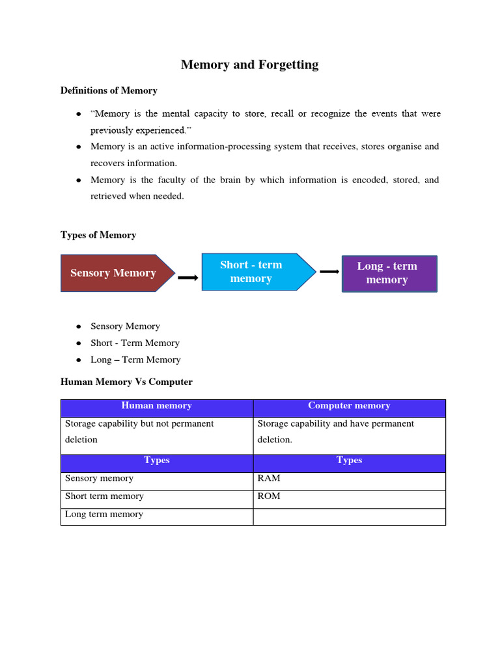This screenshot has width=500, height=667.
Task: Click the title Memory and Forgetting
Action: pos(249,64)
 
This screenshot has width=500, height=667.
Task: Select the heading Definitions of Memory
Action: pos(109,91)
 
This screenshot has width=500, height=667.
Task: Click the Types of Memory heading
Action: pos(98,235)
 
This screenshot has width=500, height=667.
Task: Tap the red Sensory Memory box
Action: pos(115,273)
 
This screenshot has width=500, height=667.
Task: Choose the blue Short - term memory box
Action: pos(251,272)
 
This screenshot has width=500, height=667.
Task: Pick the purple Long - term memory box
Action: pos(389,274)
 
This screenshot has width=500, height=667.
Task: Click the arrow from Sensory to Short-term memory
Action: pos(188,277)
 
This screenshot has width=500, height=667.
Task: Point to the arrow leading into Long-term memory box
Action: pos(329,272)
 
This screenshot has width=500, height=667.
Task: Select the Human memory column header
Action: pos(156,406)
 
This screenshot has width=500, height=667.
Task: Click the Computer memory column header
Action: pos(349,406)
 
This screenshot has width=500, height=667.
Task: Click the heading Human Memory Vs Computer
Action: pos(126,382)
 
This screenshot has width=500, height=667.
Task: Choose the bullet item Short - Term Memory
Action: pos(135,343)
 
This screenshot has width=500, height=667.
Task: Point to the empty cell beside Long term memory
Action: pos(349,516)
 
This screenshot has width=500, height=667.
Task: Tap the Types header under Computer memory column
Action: pos(349,461)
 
